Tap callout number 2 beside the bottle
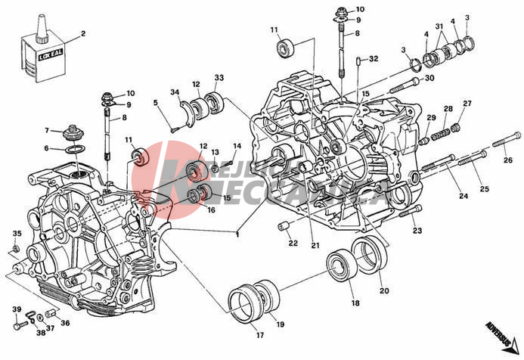pos(83,34)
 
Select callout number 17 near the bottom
pos(259,334)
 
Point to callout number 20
pos(384,290)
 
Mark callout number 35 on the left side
pos(17,234)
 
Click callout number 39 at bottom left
pos(16,309)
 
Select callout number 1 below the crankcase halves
pos(237,233)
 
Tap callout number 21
pos(315,245)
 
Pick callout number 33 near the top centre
pos(219,78)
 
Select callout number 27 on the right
pos(467,104)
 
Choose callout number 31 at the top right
pos(439,27)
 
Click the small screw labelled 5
pos(173,129)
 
